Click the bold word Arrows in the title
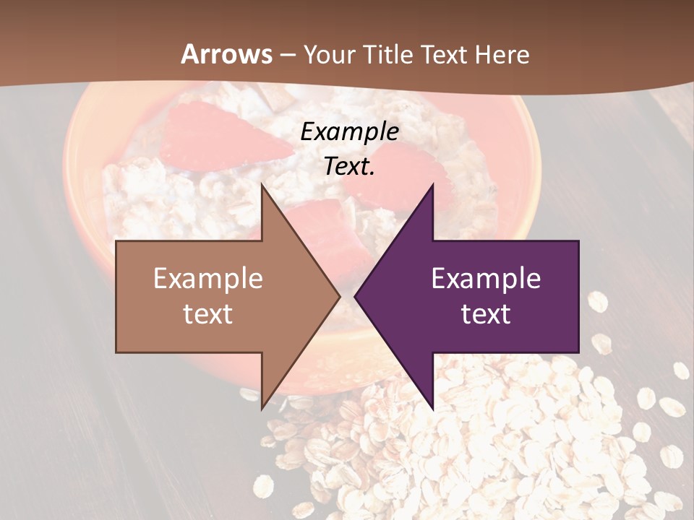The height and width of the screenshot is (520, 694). point(226,54)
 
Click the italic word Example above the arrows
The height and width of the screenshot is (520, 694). point(349,132)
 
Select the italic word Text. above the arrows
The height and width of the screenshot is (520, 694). point(349,167)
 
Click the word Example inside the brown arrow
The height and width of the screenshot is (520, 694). point(208,279)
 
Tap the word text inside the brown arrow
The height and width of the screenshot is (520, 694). point(208,313)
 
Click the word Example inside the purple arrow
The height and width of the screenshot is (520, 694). point(486,279)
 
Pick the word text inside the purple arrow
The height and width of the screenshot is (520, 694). point(486,313)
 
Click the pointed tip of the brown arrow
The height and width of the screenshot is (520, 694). point(339,296)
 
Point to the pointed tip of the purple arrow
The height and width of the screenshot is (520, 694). point(355,296)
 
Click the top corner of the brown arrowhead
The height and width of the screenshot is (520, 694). point(262,185)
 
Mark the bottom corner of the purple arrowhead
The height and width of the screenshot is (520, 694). point(432,409)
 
